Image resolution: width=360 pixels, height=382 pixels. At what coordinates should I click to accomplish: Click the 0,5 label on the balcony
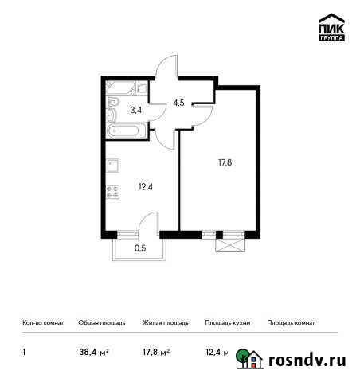point(139,247)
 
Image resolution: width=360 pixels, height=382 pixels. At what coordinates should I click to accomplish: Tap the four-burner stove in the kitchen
point(114,193)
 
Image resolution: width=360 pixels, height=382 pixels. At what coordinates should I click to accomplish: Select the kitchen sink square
point(113,167)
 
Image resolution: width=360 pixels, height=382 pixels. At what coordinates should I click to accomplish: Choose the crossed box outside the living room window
point(230,247)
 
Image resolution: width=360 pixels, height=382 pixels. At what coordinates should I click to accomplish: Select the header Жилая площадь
point(165,323)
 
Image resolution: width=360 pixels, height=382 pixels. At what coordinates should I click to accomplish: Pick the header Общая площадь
point(100,323)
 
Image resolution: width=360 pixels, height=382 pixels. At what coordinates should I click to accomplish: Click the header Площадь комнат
point(292,323)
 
